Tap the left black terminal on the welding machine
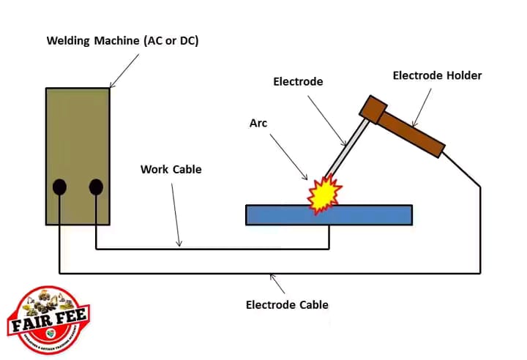[60, 187]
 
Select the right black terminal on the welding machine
[96, 187]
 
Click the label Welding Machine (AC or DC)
[123, 40]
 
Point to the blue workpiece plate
[366, 214]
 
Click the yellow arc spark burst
[324, 195]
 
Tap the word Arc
[258, 123]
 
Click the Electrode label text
[298, 82]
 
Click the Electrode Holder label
[438, 75]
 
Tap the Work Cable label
[171, 169]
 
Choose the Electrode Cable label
[287, 304]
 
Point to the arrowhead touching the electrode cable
[272, 277]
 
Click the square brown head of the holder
[373, 108]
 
